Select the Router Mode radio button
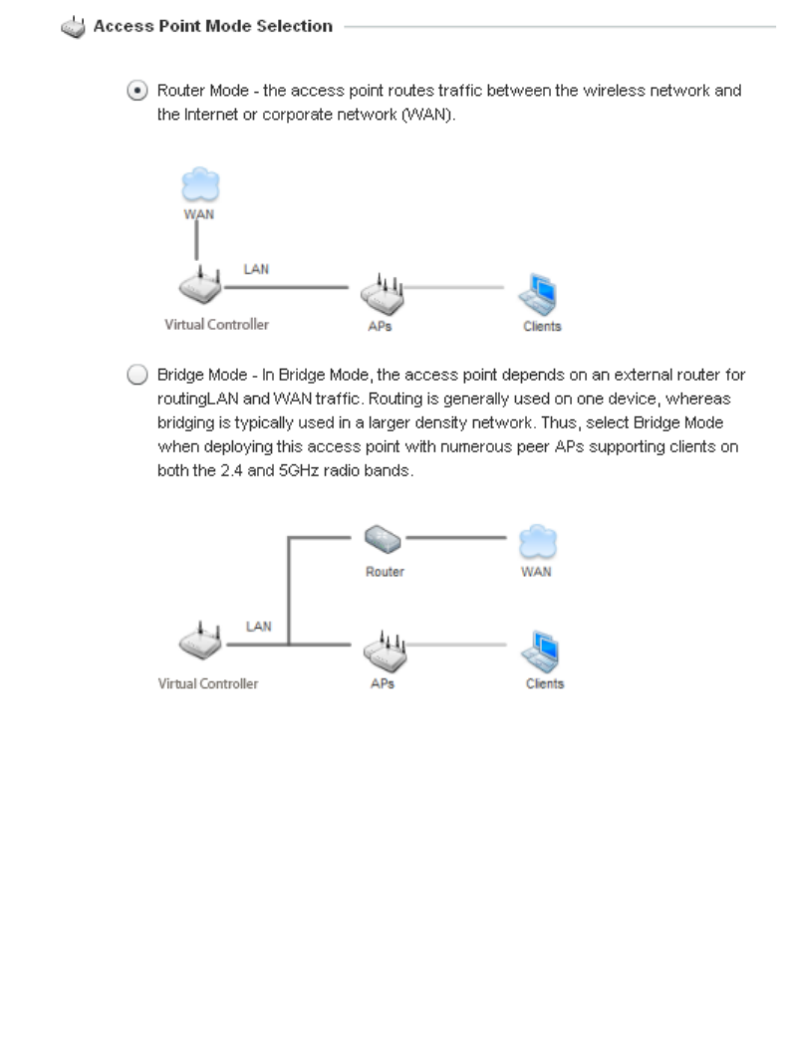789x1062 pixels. (135, 92)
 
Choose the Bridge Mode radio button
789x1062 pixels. (135, 375)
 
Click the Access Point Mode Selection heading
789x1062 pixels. (212, 27)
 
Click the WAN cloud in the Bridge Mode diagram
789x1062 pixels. (538, 541)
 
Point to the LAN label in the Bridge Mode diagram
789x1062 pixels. (259, 626)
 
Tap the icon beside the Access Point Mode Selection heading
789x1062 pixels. (73, 28)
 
